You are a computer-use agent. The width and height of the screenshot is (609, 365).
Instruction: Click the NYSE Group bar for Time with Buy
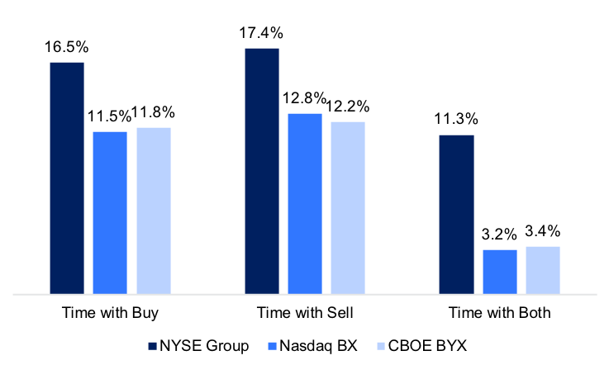pyautogui.click(x=67, y=178)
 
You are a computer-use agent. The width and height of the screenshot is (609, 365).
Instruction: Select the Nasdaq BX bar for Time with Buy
pyautogui.click(x=110, y=212)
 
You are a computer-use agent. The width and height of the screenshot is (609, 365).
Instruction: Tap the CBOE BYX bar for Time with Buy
pyautogui.click(x=154, y=211)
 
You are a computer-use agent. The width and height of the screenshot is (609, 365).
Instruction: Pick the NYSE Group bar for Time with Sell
pyautogui.click(x=262, y=171)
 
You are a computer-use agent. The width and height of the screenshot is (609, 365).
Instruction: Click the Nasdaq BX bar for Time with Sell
pyautogui.click(x=305, y=203)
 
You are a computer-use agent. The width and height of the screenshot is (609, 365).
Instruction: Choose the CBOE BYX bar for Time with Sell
pyautogui.click(x=348, y=207)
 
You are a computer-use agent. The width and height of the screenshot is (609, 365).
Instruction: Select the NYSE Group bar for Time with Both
pyautogui.click(x=456, y=214)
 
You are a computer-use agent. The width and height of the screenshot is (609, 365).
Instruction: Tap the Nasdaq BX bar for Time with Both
pyautogui.click(x=499, y=272)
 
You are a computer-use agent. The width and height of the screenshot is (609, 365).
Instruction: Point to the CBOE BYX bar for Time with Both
pyautogui.click(x=543, y=270)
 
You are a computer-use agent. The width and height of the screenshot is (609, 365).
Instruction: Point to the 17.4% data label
pyautogui.click(x=262, y=34)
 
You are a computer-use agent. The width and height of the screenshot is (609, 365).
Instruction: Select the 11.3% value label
pyautogui.click(x=456, y=121)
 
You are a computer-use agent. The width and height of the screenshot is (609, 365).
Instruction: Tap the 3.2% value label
pyautogui.click(x=499, y=235)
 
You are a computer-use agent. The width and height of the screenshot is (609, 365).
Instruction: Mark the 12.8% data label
pyautogui.click(x=305, y=99)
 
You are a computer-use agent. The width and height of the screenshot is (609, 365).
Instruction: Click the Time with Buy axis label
pyautogui.click(x=110, y=314)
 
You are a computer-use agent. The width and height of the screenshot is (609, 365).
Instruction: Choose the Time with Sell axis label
pyautogui.click(x=305, y=314)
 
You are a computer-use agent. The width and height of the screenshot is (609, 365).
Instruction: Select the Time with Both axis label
pyautogui.click(x=499, y=314)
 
